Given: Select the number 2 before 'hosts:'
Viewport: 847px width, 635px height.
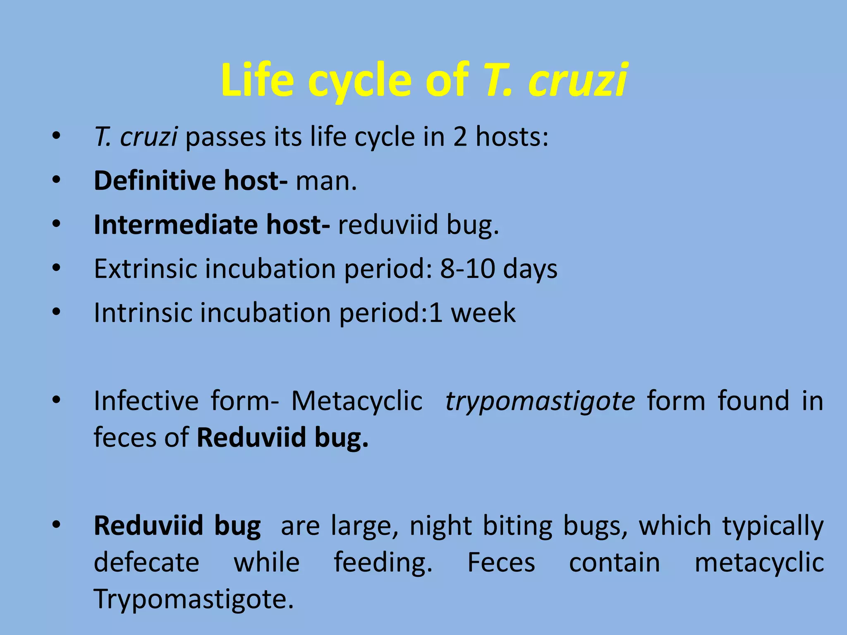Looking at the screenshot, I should coord(460,137).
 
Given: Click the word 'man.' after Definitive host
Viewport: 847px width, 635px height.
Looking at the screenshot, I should coord(326,181).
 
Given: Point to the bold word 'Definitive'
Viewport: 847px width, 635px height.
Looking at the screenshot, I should coord(155,181).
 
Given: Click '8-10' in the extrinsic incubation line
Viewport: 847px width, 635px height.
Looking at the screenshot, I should coord(467,269).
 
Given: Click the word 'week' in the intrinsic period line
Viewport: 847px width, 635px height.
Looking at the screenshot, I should coord(483,313).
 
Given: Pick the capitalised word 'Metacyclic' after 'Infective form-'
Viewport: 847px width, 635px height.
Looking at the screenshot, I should coord(357,401).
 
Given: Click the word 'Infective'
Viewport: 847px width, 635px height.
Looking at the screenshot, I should coord(146,401).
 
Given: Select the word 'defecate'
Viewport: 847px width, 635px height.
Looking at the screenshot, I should coord(146,563).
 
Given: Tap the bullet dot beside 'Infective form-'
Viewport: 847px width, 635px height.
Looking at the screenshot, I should coord(57,400).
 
